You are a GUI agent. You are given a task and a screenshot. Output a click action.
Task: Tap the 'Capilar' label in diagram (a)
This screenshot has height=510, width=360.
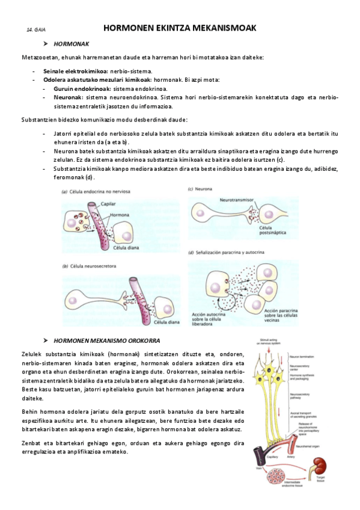(x=108, y=204)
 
